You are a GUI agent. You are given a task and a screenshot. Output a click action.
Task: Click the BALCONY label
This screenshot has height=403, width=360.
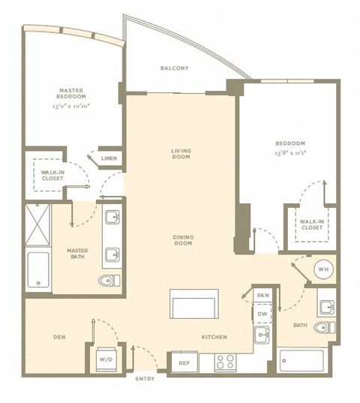174,69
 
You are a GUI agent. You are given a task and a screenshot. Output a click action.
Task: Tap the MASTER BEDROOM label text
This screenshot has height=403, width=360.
72,93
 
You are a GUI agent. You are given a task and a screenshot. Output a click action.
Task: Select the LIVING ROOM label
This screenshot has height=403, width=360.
180,154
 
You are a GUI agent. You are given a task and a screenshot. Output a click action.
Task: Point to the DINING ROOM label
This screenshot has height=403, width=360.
184,240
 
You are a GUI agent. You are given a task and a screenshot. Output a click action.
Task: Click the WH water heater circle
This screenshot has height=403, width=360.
321,269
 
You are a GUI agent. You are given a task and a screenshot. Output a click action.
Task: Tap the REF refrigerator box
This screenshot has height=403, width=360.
184,362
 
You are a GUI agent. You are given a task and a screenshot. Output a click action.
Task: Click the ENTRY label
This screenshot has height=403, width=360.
145,379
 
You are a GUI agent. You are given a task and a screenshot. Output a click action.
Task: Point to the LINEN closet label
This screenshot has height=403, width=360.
109,158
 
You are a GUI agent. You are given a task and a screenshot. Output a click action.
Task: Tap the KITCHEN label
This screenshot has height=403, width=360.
214,337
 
